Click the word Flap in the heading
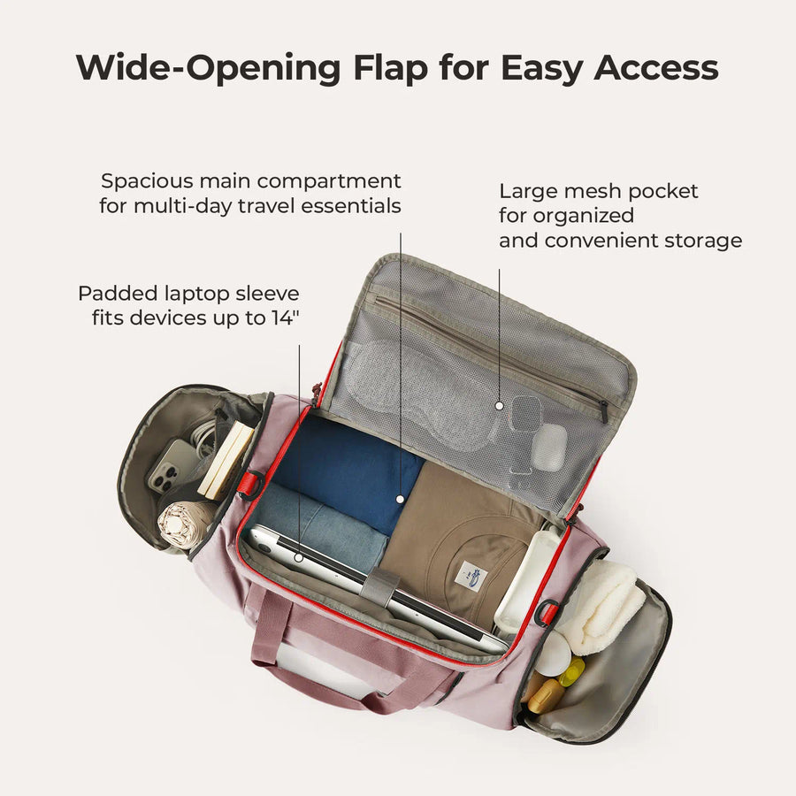[391, 67]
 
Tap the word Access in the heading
[656, 67]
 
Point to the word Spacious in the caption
[147, 181]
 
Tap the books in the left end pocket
[225, 459]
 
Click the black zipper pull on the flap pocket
[604, 410]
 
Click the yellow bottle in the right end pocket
[572, 670]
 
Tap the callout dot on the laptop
[299, 558]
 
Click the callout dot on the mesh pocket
[499, 406]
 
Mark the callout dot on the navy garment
[400, 500]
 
